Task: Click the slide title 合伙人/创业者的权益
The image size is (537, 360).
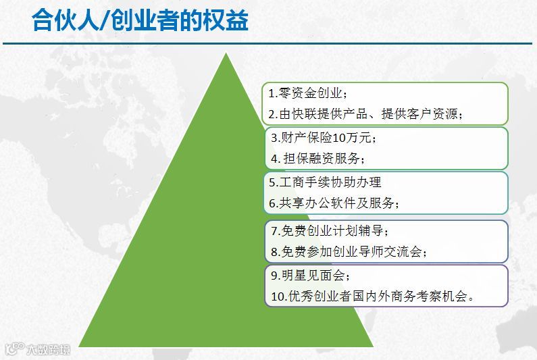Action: [140, 20]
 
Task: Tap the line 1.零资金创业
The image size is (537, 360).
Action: [308, 93]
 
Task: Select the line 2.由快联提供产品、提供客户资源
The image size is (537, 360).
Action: [365, 113]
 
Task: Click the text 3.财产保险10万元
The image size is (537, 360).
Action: [324, 138]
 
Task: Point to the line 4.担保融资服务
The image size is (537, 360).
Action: [318, 159]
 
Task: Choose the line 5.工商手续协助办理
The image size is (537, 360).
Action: [325, 182]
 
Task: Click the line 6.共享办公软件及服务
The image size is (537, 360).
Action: [334, 203]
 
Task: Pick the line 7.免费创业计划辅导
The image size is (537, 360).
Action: [330, 231]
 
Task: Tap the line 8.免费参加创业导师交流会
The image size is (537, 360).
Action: [349, 252]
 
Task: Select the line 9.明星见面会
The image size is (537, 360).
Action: [311, 276]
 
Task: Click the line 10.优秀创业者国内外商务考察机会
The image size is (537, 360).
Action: [373, 297]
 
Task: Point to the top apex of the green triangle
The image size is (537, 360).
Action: [226, 53]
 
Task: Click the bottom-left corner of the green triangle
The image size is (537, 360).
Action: [78, 346]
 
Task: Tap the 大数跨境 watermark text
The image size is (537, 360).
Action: [48, 349]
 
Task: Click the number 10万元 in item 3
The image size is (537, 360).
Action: [352, 138]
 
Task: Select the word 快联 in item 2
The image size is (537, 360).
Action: [305, 113]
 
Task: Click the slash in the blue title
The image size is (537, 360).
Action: [105, 20]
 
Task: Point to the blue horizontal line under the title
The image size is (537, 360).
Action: [267, 43]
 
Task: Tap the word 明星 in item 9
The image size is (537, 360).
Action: [294, 276]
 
